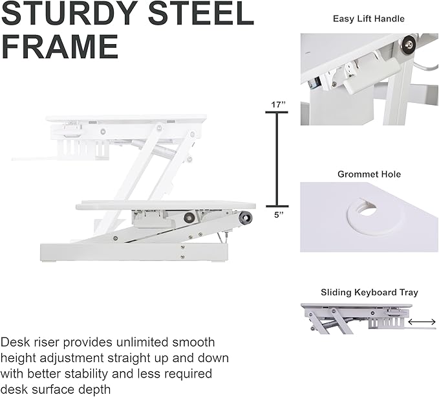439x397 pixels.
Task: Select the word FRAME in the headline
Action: point(59,47)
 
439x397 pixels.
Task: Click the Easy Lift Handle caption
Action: point(369,19)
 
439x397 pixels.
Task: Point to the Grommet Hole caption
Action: point(369,174)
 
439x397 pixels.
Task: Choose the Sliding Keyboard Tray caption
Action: point(369,293)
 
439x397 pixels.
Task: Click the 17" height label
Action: point(278,104)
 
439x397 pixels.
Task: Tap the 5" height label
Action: point(278,216)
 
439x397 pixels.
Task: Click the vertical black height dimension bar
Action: point(278,159)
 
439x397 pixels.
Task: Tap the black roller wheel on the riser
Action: point(244,220)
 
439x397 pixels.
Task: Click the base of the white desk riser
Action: point(129,251)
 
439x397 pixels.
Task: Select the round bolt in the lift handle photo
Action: point(408,44)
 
